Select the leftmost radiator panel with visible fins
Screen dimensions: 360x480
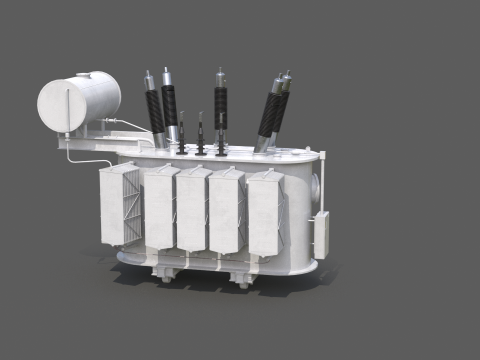click(119, 205)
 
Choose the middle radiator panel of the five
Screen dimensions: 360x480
click(192, 210)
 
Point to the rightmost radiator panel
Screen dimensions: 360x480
click(265, 212)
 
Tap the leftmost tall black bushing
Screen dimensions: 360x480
click(155, 110)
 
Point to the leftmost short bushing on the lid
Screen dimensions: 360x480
click(182, 135)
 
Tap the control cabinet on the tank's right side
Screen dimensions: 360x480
click(321, 236)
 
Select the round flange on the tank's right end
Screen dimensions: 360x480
click(316, 185)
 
